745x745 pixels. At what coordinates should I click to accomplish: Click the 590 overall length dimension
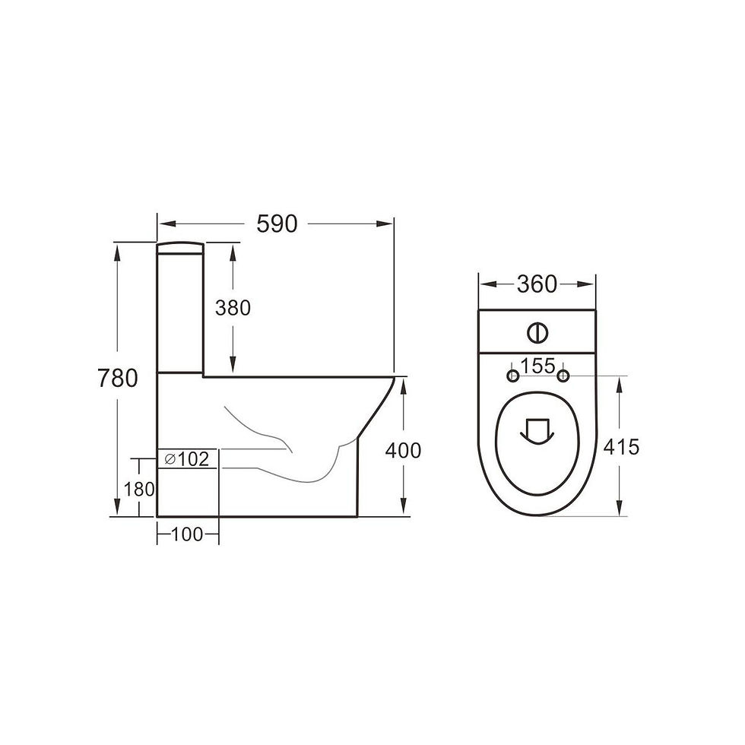(x=277, y=223)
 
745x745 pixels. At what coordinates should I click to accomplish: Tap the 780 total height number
(x=117, y=378)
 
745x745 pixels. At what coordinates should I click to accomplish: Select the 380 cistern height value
(x=233, y=308)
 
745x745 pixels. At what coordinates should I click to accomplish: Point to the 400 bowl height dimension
(x=403, y=450)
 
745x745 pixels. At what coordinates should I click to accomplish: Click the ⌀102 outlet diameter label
(x=187, y=459)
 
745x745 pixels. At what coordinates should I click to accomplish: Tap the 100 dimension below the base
(x=187, y=534)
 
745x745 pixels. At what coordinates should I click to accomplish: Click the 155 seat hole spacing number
(x=538, y=366)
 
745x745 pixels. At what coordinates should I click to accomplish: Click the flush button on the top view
(x=536, y=332)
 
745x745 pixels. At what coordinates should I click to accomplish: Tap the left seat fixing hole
(x=513, y=376)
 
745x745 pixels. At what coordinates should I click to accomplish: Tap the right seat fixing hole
(x=563, y=376)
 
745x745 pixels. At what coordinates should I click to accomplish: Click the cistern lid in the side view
(x=180, y=247)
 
